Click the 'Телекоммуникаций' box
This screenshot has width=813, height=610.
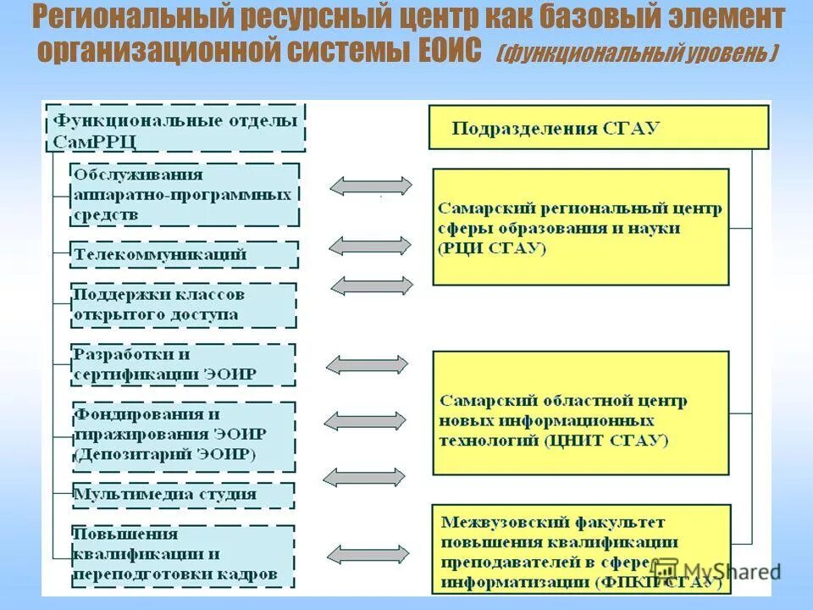tap(184, 254)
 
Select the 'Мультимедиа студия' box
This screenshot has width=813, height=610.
tap(183, 494)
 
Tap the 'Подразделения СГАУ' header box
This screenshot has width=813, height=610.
tap(598, 127)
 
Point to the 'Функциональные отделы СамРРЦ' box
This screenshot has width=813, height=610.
tap(174, 128)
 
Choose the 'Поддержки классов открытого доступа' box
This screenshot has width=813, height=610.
tap(183, 305)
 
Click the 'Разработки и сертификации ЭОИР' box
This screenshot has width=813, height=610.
tap(183, 364)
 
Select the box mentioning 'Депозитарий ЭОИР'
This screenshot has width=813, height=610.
tap(183, 435)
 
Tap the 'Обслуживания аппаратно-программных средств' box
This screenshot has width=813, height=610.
tap(184, 195)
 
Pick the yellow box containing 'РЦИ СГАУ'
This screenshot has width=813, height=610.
tap(580, 227)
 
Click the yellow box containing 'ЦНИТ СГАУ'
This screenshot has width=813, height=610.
tap(580, 413)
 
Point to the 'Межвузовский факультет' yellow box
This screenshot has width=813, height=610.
tap(580, 549)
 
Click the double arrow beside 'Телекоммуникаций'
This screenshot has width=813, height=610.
tap(370, 246)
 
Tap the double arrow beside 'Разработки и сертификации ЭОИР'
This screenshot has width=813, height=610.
tap(368, 364)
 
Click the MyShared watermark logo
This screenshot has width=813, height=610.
tap(716, 571)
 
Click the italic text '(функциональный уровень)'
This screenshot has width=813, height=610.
tap(637, 53)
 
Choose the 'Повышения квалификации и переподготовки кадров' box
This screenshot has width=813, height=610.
tap(183, 555)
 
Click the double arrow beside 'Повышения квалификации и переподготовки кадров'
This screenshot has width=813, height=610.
tap(368, 555)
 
